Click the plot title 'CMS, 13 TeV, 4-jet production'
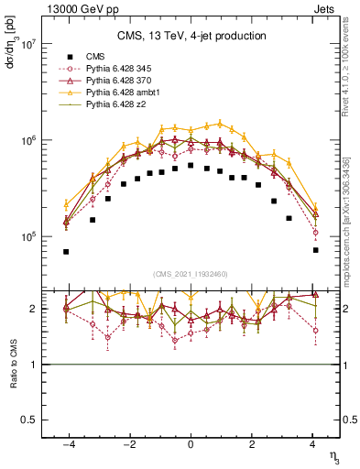point(191,36)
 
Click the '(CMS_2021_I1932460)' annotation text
point(190,273)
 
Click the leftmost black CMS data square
point(66,252)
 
